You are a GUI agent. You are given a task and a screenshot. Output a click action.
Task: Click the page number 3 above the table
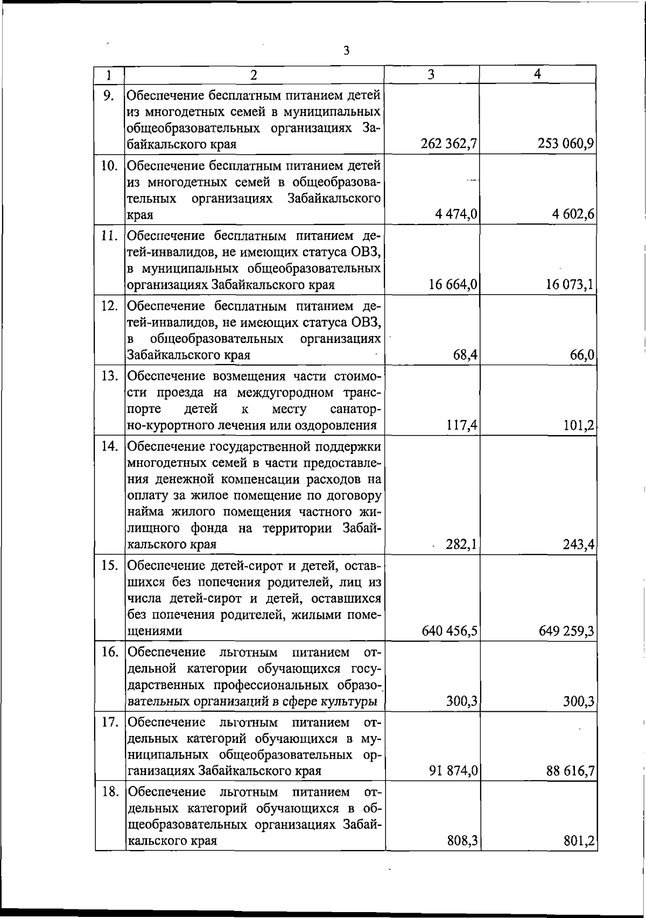coord(346,51)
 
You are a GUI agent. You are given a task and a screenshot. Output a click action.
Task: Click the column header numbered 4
coord(537,74)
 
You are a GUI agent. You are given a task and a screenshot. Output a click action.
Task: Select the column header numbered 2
coord(254,75)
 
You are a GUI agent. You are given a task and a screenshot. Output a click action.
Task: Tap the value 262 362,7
coord(451,144)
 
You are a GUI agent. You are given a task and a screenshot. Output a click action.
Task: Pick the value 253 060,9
coord(566,144)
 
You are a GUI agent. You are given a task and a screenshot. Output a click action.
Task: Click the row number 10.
coord(109,165)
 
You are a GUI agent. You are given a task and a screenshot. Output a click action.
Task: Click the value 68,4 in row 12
coord(465,355)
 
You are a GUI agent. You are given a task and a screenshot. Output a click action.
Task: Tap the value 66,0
coord(582,355)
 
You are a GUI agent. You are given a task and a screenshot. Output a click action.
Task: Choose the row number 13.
coord(109,375)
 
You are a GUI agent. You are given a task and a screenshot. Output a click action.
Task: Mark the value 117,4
coord(462,426)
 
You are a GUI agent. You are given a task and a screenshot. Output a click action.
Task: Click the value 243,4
coord(578,545)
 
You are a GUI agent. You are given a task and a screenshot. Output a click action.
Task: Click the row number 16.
coord(109,652)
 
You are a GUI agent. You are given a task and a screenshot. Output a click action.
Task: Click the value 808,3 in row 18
coord(463,841)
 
